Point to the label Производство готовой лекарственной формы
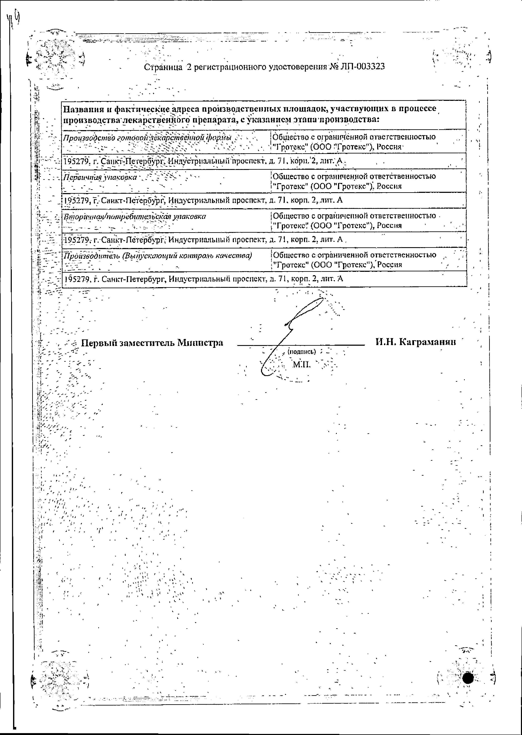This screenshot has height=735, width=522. tap(147, 138)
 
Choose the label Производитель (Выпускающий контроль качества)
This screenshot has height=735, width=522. tap(157, 256)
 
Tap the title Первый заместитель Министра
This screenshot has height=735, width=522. tap(152, 343)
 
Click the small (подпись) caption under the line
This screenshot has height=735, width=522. tap(301, 352)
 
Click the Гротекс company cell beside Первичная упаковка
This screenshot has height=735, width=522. tap(354, 181)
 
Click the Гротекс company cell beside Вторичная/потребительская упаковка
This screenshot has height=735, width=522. tap(354, 221)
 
